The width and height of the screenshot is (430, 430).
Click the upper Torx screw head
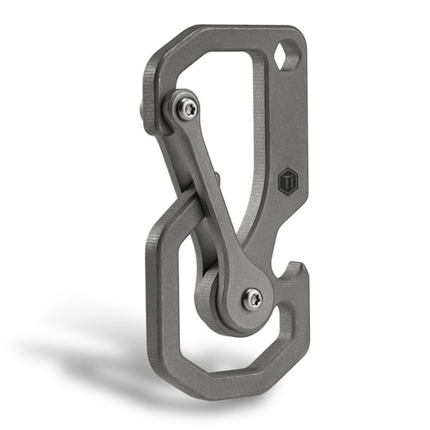click(187, 110)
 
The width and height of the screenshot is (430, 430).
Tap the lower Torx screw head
click(252, 299)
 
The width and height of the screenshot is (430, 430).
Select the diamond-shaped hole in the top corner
click(288, 56)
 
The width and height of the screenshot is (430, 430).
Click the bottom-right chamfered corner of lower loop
click(296, 368)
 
